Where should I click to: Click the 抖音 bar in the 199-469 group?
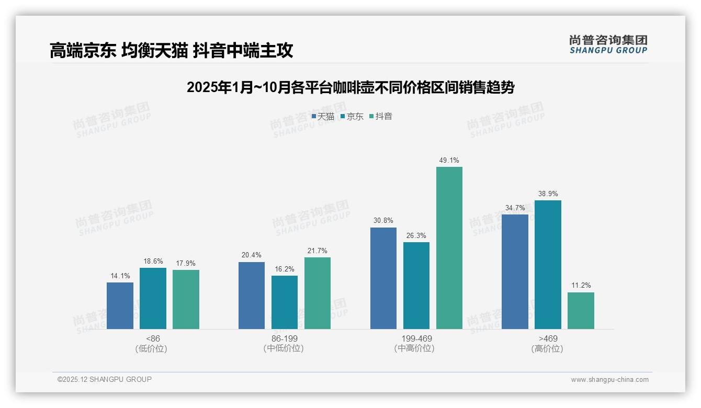click(449, 248)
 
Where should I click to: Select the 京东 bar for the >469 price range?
click(548, 265)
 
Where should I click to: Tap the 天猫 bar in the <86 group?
click(120, 305)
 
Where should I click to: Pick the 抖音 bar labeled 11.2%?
click(581, 311)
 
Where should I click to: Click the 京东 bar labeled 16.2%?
click(285, 302)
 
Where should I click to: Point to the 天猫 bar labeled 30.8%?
click(383, 278)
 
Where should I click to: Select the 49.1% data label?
click(449, 161)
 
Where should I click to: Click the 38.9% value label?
click(548, 194)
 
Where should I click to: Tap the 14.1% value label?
click(120, 276)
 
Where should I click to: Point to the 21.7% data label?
click(318, 251)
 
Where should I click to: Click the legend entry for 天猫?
click(323, 117)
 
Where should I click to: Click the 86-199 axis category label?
click(284, 338)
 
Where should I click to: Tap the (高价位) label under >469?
click(547, 349)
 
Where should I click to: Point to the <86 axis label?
click(153, 338)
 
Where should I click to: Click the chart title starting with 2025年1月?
click(350, 87)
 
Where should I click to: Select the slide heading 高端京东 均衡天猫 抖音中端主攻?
click(171, 50)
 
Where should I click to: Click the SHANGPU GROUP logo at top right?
click(608, 44)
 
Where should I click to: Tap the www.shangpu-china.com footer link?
click(609, 380)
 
